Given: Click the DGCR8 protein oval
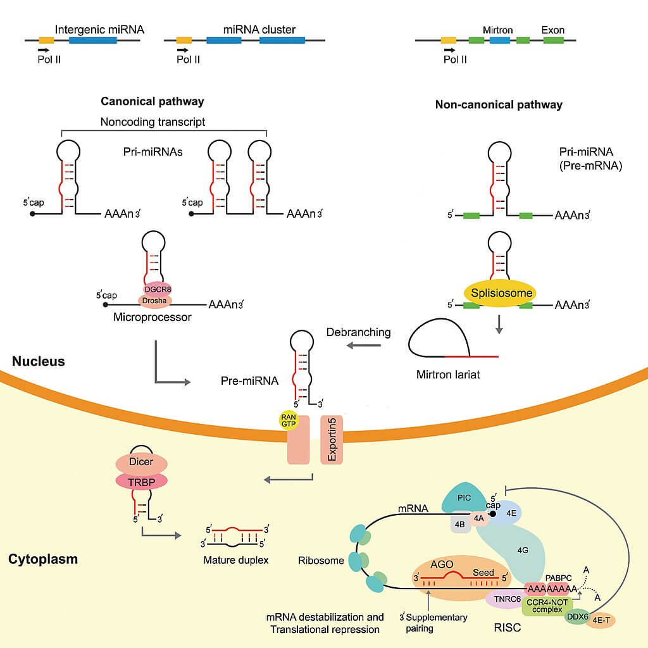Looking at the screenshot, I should [156, 289].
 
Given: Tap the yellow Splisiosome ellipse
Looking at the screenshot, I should [500, 293].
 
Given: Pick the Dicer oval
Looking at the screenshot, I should [140, 462].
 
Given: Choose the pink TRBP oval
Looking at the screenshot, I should [140, 481].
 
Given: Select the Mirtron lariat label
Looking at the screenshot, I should [448, 375].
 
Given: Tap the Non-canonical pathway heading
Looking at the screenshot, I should [499, 104].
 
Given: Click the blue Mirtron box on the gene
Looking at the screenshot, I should [500, 40].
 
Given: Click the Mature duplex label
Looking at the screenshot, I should [236, 560].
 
